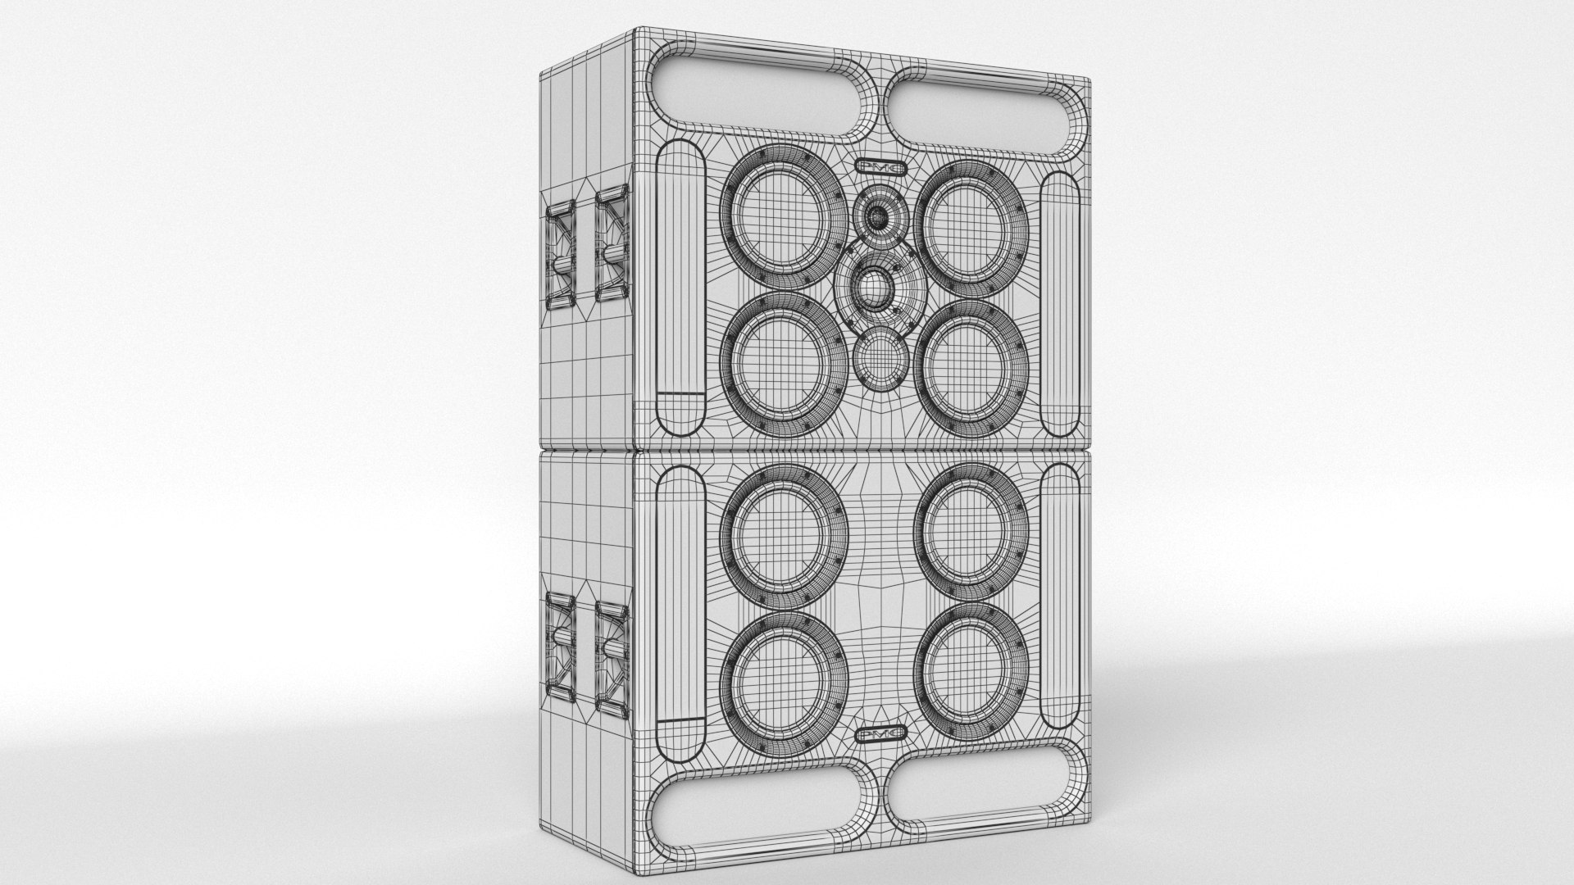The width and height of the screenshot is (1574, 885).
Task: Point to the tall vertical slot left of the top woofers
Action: click(681, 287)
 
